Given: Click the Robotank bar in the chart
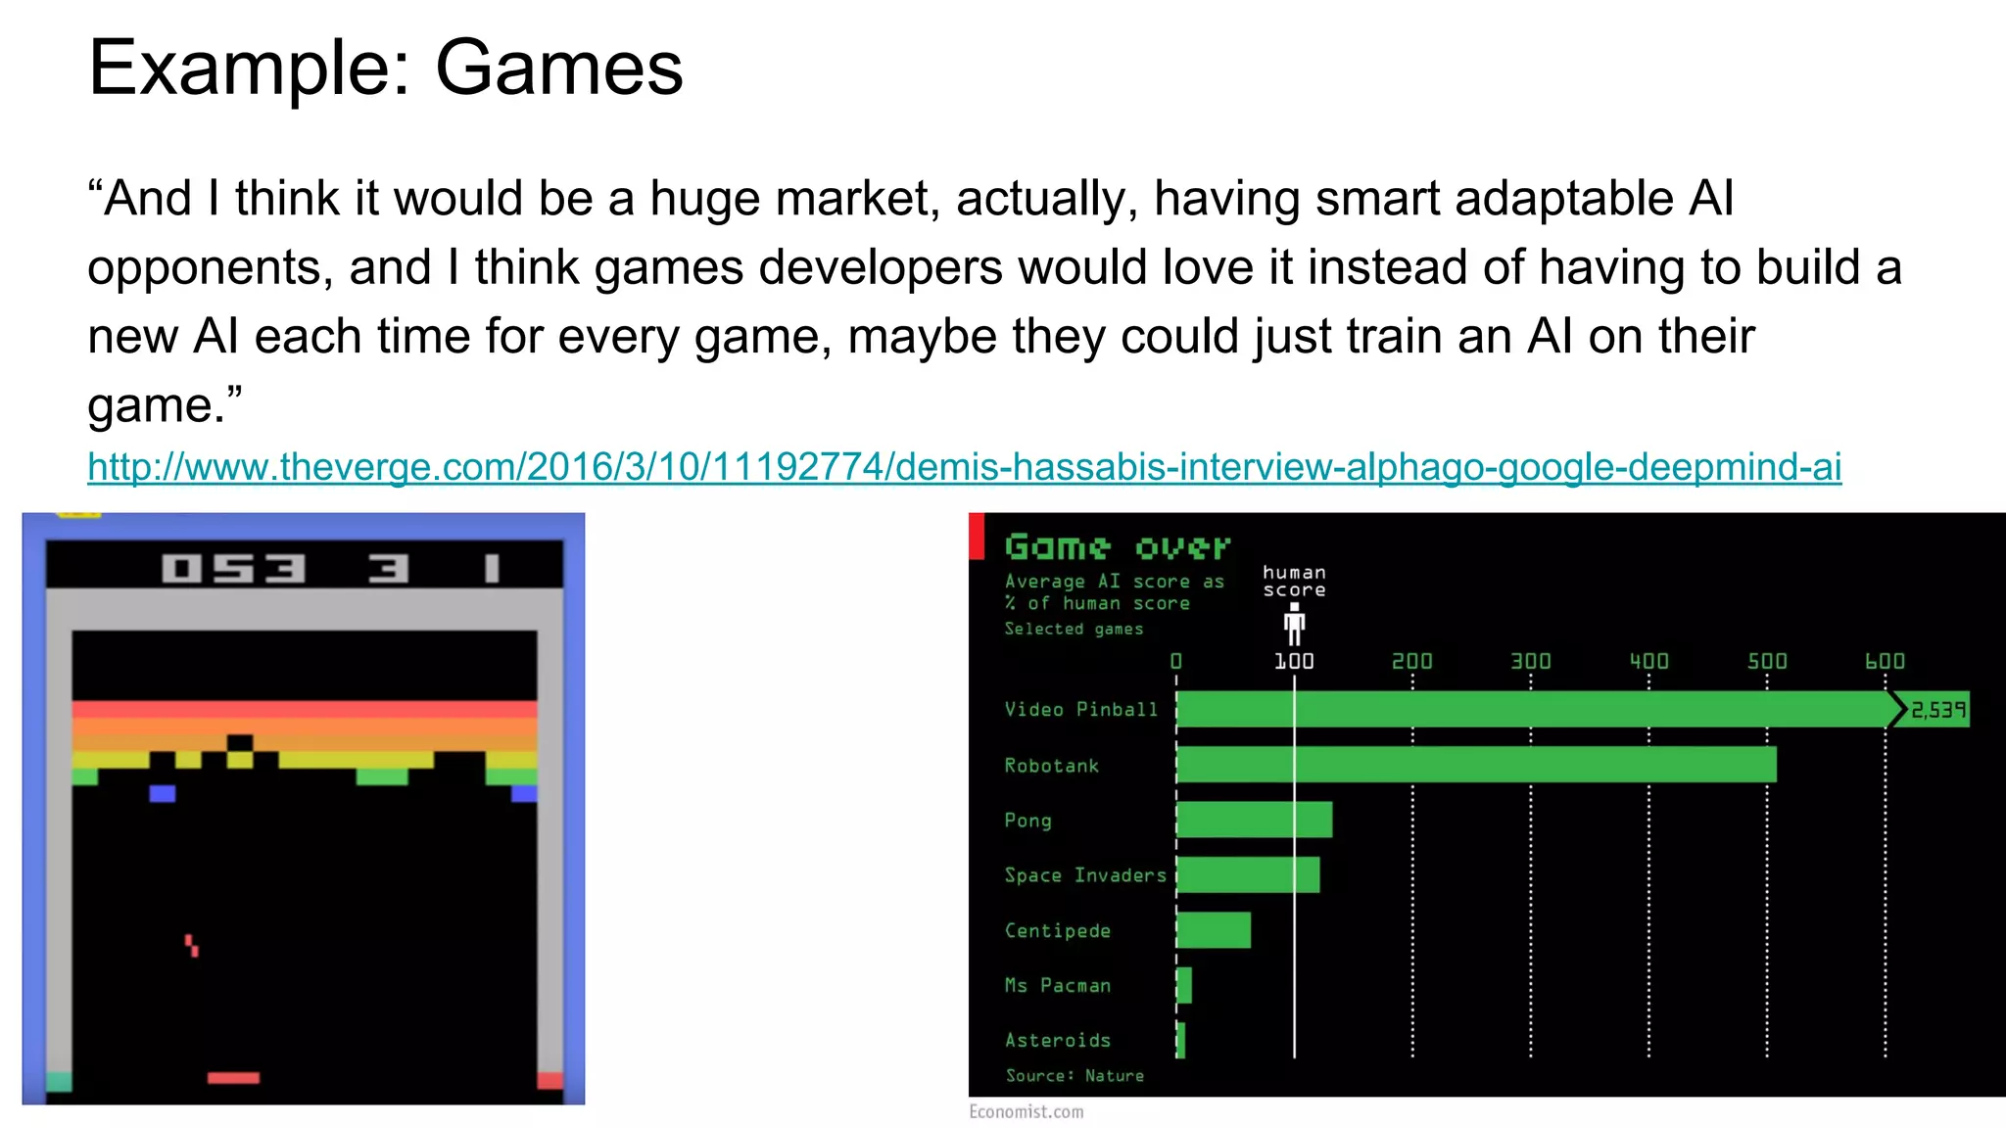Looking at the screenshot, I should click(1475, 765).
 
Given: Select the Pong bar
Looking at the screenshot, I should click(1254, 820).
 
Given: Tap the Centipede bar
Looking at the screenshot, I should click(1213, 930).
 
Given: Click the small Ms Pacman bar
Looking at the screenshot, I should click(1184, 985).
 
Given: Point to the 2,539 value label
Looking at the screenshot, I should click(1937, 710).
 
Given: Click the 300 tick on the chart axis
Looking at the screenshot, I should click(1530, 662).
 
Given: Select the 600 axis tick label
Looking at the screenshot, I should click(1885, 662).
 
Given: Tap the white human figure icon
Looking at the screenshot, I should click(1294, 624).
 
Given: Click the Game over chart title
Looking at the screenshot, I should click(1117, 547).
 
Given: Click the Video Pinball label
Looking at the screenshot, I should click(1080, 710).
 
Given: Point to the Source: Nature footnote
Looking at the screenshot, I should click(1075, 1075).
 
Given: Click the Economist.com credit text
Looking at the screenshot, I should click(1026, 1111).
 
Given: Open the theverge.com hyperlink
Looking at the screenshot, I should click(964, 467).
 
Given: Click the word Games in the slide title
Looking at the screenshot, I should click(558, 69).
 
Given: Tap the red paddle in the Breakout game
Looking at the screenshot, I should click(233, 1078).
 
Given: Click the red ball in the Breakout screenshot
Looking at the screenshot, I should click(192, 945).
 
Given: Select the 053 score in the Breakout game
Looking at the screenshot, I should click(234, 569).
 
